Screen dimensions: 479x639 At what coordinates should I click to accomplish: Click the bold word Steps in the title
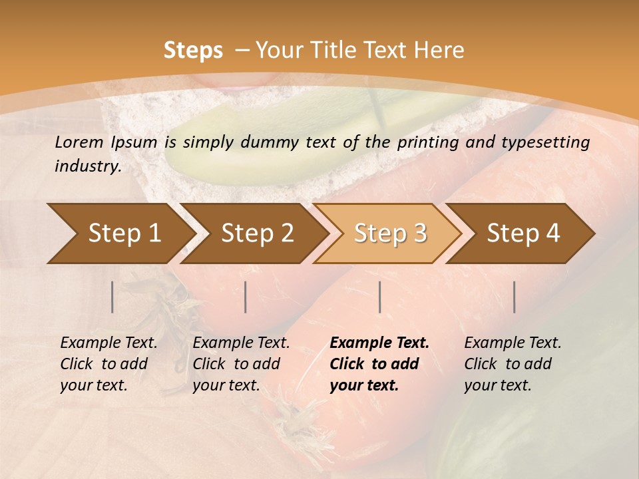(193, 51)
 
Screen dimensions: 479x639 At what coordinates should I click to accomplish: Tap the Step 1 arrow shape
(120, 234)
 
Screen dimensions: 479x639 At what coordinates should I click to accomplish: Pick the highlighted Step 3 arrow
(389, 234)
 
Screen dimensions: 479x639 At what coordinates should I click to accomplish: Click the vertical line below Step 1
(112, 297)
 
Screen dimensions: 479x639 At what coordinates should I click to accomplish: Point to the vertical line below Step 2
(246, 297)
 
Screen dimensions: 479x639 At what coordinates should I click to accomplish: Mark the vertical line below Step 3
(379, 297)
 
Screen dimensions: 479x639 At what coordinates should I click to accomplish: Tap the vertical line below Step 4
(515, 297)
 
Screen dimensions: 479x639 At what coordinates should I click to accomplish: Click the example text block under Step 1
(108, 364)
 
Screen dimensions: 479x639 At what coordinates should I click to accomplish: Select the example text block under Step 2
(241, 364)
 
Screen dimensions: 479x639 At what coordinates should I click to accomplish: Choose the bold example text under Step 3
(379, 364)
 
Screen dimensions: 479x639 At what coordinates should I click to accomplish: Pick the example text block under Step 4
(513, 364)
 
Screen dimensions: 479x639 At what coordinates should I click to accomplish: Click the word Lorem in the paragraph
(79, 142)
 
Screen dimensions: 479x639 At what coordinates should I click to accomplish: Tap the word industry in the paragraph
(87, 166)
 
